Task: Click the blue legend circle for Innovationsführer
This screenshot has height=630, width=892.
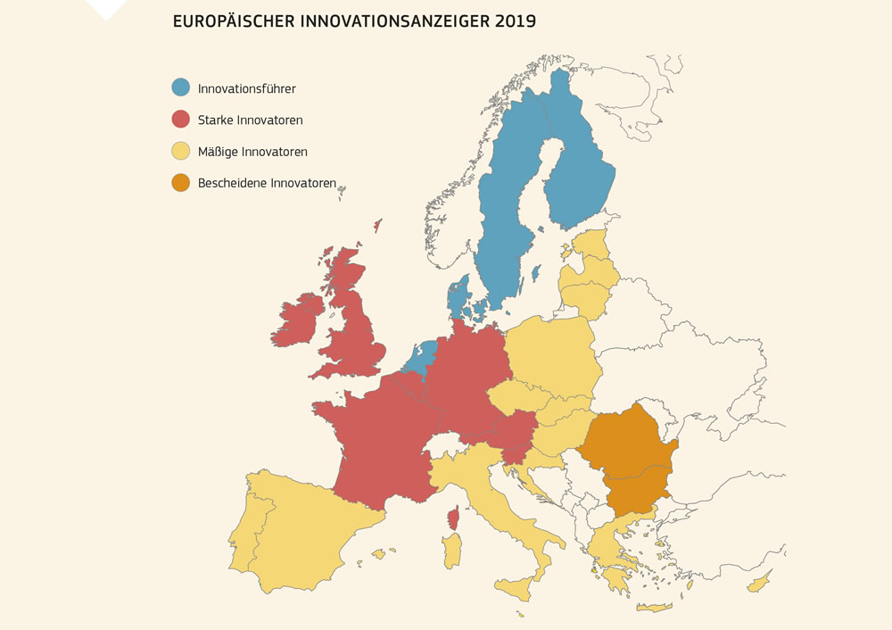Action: pos(181,87)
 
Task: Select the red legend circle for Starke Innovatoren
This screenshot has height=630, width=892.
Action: pos(181,119)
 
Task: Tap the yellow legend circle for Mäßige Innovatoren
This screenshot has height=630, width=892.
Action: pos(181,151)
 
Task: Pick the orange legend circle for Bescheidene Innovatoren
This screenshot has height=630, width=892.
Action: pos(181,183)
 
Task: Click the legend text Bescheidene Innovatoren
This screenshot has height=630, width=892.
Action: pos(267,183)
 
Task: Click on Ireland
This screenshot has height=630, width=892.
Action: pos(298,319)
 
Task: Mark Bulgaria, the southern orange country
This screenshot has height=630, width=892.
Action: pos(636,492)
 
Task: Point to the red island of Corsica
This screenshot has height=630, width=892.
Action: pos(453,518)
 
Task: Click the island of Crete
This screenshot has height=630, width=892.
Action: pos(653,608)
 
